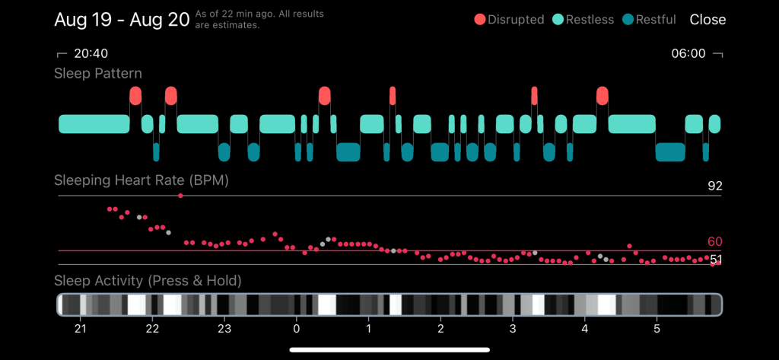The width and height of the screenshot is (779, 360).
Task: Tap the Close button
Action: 707,20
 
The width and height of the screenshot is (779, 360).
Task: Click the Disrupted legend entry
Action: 510,20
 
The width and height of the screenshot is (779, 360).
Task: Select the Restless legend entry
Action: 583,20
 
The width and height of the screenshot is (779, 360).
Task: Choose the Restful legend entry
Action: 651,20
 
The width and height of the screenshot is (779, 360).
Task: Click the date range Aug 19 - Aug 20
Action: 122,20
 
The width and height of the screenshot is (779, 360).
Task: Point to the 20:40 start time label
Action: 91,54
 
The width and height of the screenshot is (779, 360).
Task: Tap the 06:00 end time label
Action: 688,54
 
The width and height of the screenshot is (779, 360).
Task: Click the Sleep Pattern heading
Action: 97,74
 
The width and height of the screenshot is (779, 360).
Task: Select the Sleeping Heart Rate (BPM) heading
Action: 141,181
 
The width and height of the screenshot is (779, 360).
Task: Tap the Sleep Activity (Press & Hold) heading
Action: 148,282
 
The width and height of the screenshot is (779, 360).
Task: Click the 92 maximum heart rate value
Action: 714,186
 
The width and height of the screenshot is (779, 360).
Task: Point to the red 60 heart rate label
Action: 714,242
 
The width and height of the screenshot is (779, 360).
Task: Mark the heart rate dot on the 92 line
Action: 180,196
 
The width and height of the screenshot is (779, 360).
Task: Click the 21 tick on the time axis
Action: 80,329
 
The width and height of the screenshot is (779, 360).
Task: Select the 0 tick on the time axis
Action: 297,329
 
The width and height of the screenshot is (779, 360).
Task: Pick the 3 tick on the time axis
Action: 513,329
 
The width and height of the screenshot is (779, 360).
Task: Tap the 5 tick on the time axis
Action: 657,329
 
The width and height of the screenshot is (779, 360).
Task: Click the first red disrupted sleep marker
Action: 135,95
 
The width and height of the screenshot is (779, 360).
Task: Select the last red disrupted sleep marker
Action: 603,95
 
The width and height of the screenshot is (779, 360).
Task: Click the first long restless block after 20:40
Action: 94,124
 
